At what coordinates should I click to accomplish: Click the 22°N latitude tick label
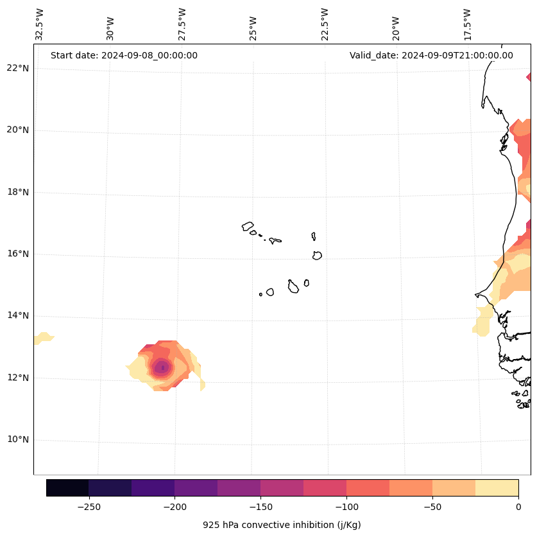point(17,68)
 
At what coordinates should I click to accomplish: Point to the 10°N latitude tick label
point(17,439)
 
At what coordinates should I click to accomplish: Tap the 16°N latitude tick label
point(17,254)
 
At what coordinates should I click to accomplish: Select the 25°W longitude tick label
point(253,24)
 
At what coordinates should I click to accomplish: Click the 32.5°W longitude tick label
point(40,24)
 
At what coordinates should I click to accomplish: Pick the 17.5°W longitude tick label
point(467,24)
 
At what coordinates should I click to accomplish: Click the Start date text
point(124,55)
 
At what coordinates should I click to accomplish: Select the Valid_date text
point(431,55)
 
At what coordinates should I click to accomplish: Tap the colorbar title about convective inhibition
point(282,525)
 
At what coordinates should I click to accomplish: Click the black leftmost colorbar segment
point(67,488)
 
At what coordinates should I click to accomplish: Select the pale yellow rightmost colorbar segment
point(497,488)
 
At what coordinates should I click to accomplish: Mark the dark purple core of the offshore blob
point(162,367)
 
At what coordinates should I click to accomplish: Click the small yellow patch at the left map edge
point(44,337)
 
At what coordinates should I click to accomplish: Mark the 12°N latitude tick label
point(17,378)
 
